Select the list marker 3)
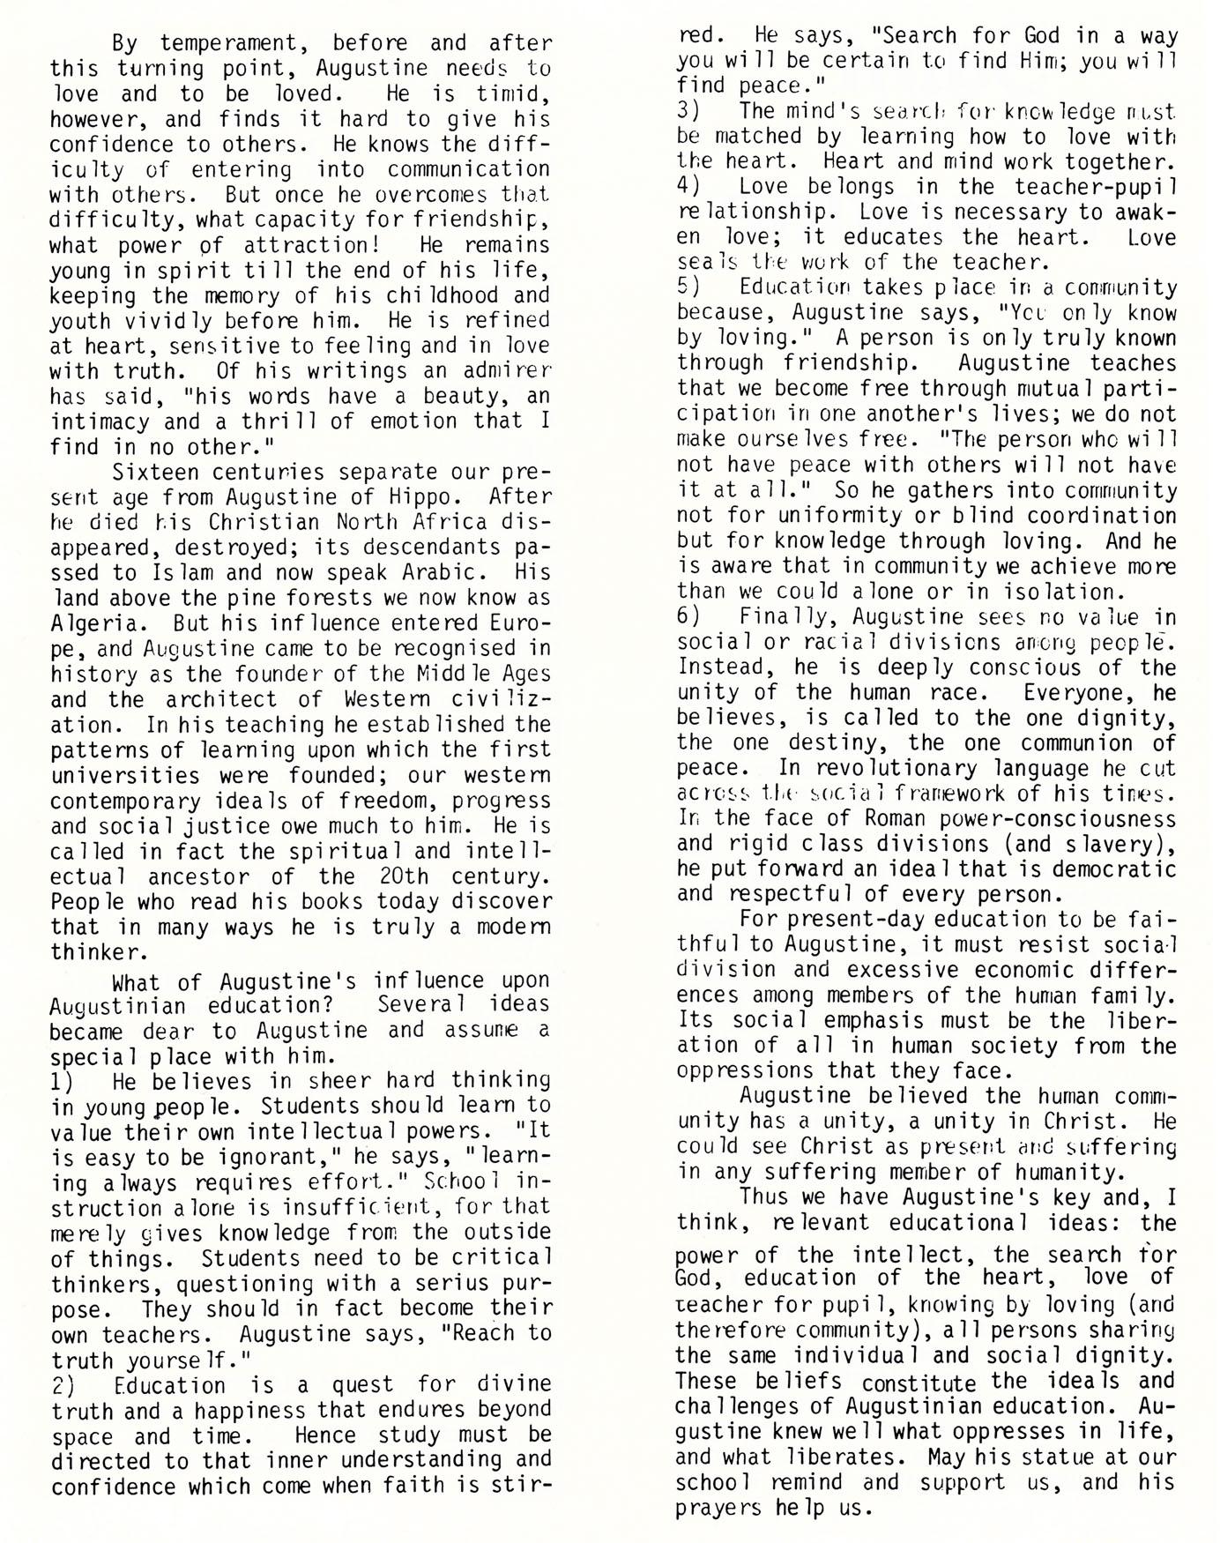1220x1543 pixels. coord(689,111)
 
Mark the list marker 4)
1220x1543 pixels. coord(689,187)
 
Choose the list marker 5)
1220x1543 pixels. coord(689,288)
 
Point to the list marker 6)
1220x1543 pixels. coord(689,617)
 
